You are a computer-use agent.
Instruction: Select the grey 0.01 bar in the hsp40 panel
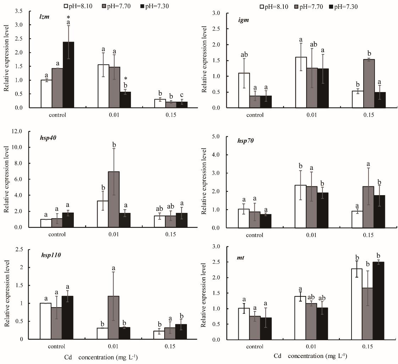pos(114,199)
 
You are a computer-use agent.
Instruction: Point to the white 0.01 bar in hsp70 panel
pos(300,207)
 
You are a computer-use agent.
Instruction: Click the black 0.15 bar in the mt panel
pos(379,301)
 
